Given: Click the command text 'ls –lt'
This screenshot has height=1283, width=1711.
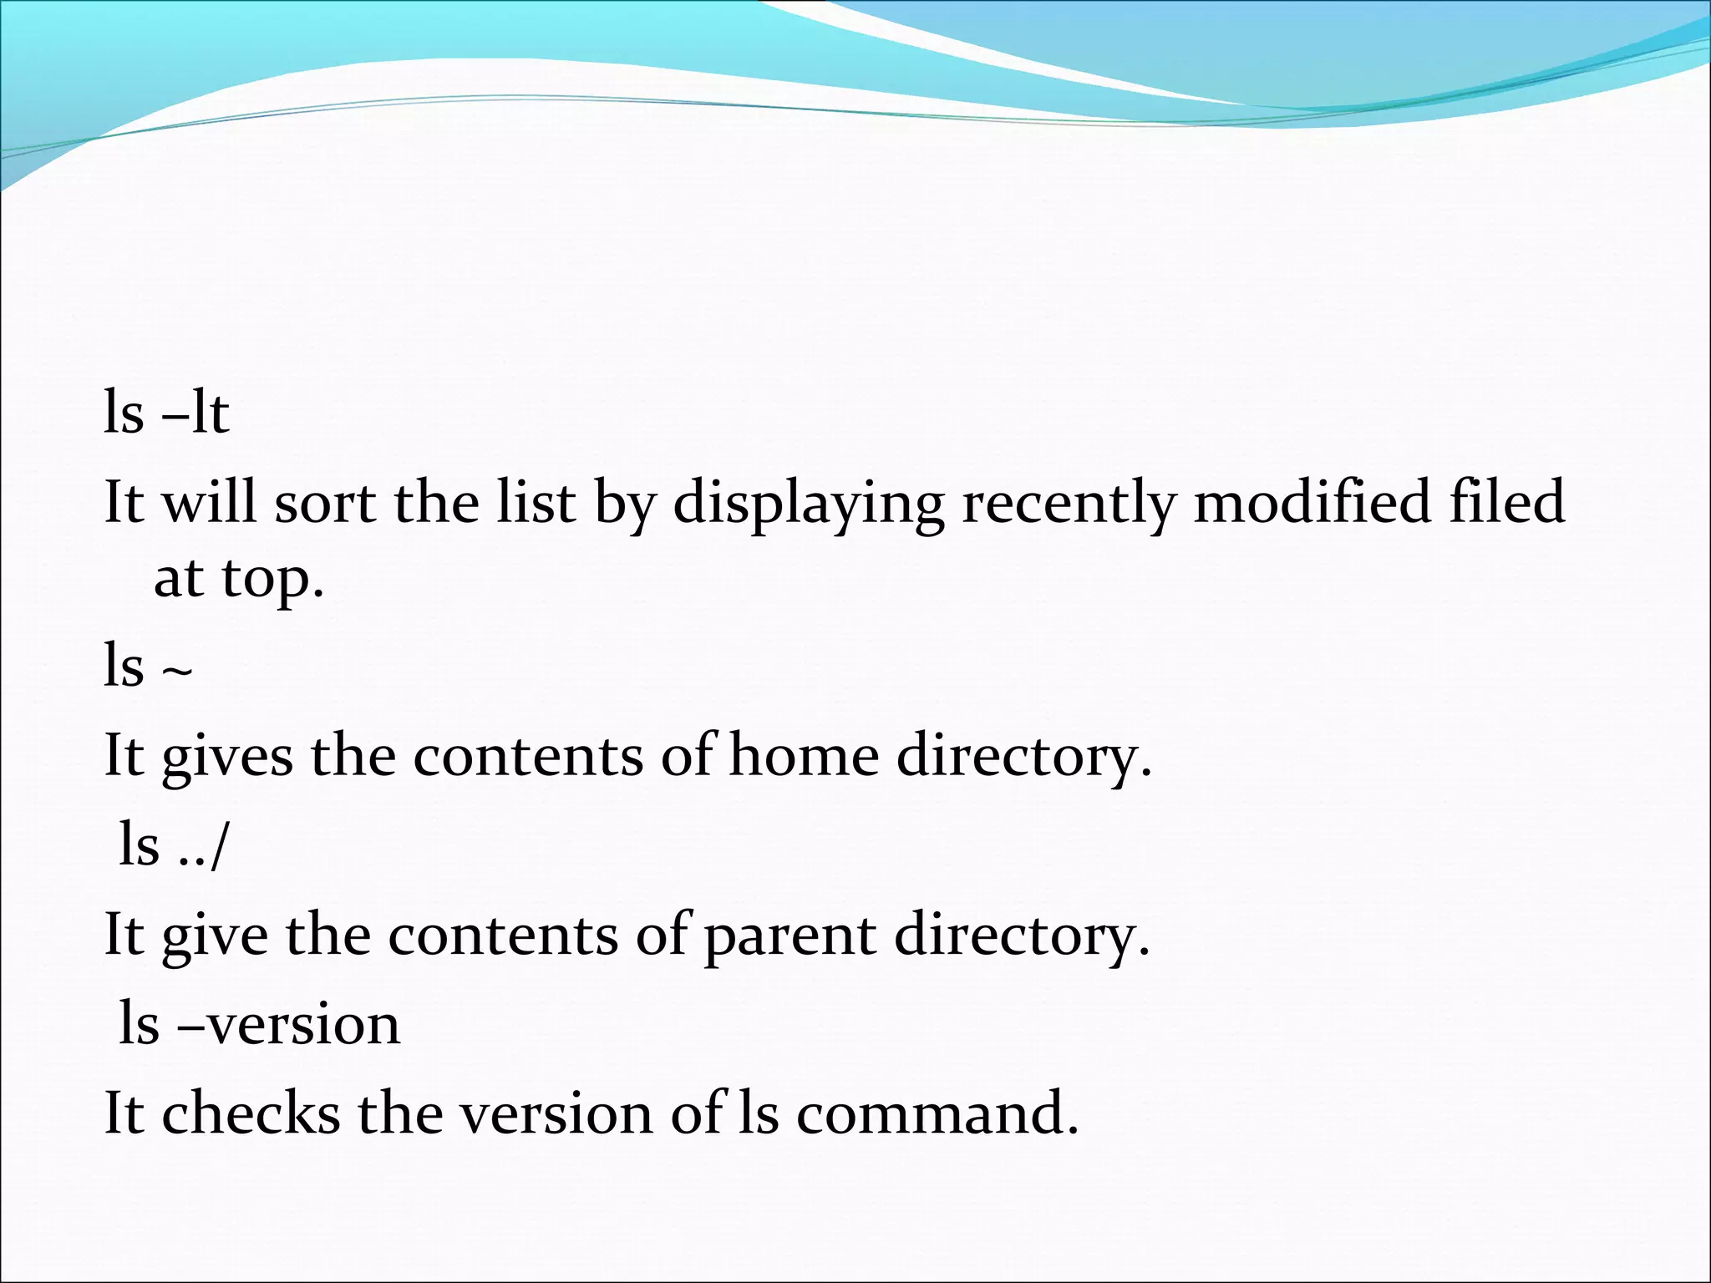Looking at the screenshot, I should click(x=166, y=413).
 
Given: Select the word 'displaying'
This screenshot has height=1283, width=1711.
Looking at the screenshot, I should click(x=808, y=505).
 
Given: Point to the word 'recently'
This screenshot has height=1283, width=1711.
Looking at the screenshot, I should click(x=1068, y=505).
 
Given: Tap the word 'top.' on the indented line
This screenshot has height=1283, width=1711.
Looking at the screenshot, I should click(x=272, y=579).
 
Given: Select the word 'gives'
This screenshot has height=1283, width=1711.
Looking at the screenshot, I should click(x=227, y=757).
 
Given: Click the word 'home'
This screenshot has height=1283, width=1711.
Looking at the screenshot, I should click(x=804, y=755).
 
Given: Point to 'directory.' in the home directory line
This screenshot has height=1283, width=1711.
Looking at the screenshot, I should click(x=1024, y=757).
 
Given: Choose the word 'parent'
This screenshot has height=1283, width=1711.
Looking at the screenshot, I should click(x=789, y=936).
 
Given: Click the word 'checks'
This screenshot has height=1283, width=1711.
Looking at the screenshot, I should click(x=251, y=1113).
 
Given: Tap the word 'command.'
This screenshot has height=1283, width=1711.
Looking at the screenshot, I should click(x=937, y=1113).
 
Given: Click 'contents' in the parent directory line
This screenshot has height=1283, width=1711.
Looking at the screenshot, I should click(x=503, y=936).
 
